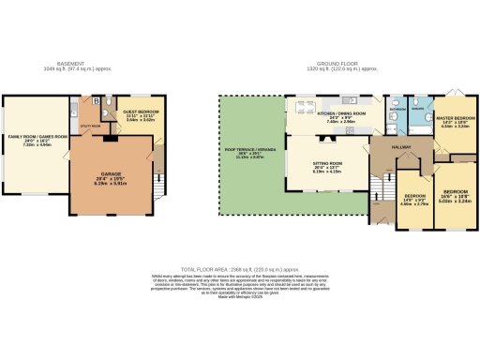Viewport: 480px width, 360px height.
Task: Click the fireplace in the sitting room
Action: click(x=327, y=137)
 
